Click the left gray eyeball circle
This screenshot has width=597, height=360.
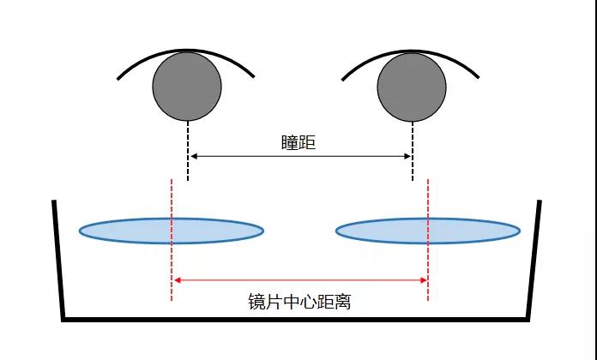(x=187, y=86)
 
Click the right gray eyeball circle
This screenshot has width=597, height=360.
(x=412, y=86)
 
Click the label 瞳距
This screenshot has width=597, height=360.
(x=298, y=142)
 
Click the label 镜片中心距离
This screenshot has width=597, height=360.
(x=298, y=301)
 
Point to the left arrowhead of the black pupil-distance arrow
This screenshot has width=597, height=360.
(x=194, y=156)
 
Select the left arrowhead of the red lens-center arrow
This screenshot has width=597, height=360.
(x=178, y=279)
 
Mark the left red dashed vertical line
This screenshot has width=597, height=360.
(x=172, y=257)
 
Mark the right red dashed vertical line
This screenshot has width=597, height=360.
(x=428, y=257)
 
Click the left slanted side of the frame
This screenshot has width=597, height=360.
(x=58, y=257)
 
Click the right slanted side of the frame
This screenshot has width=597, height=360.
(x=534, y=257)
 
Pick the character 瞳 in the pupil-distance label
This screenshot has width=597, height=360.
(x=290, y=142)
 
